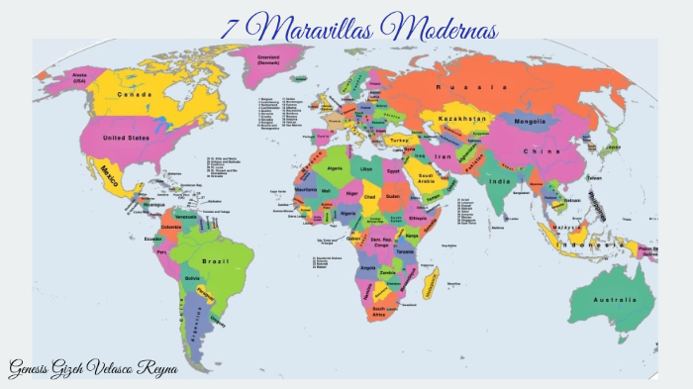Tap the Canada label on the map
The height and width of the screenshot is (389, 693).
click(x=135, y=95)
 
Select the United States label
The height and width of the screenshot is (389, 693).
click(x=126, y=138)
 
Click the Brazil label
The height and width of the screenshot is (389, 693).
click(x=215, y=260)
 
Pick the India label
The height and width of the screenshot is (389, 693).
click(x=501, y=182)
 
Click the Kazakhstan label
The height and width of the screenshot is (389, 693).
click(x=461, y=118)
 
